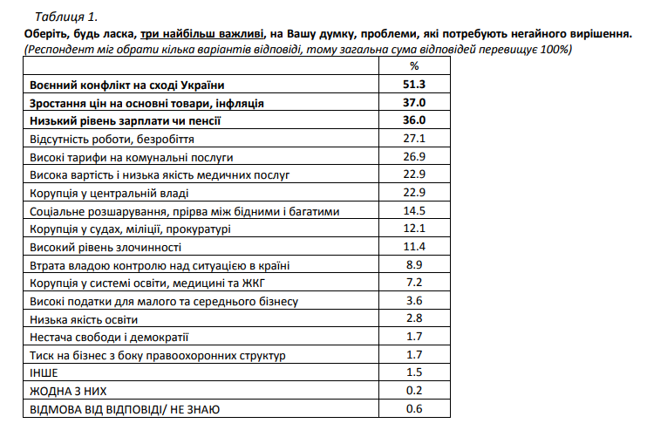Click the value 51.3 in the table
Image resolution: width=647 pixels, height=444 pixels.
pyautogui.click(x=414, y=84)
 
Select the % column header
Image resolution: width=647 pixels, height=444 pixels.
pyautogui.click(x=414, y=66)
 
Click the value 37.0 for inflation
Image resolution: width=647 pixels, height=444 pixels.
pyautogui.click(x=414, y=102)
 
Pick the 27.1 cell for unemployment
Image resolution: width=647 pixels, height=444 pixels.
pyautogui.click(x=414, y=139)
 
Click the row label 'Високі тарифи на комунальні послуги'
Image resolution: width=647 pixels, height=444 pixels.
pyautogui.click(x=132, y=157)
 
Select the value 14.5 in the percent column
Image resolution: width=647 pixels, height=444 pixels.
pyautogui.click(x=414, y=211)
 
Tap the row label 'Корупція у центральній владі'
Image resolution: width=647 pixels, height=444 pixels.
pyautogui.click(x=109, y=193)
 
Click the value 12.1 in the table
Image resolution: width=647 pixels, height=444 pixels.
pyautogui.click(x=414, y=229)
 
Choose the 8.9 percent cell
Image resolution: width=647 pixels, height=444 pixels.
pyautogui.click(x=414, y=265)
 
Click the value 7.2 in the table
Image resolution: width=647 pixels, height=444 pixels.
pyautogui.click(x=414, y=283)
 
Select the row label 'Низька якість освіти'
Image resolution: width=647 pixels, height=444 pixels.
pyautogui.click(x=84, y=319)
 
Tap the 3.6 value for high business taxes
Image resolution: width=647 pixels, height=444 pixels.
pyautogui.click(x=414, y=301)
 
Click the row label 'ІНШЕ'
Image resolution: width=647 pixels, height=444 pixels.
pyautogui.click(x=44, y=373)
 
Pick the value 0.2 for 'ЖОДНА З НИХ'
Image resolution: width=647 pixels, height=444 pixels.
pyautogui.click(x=414, y=391)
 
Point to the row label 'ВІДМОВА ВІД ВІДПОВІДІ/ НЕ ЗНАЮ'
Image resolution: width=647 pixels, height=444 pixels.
pyautogui.click(x=125, y=409)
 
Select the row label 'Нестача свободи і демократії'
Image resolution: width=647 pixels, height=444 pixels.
pyautogui.click(x=109, y=338)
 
